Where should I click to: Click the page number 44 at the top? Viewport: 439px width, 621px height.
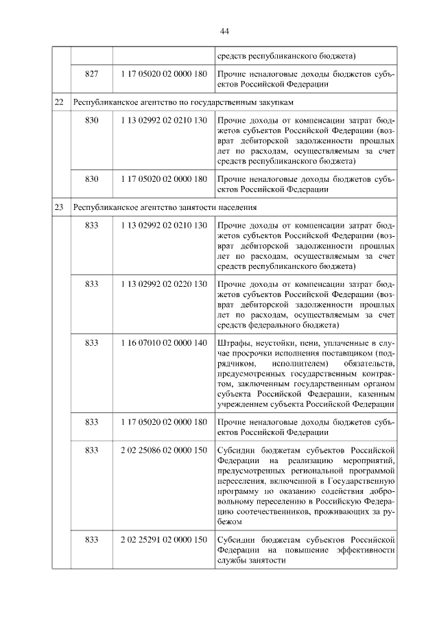(x=224, y=31)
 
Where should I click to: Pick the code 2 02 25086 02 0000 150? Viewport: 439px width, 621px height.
(x=163, y=449)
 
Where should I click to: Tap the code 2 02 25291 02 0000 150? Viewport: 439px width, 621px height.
(x=163, y=539)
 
